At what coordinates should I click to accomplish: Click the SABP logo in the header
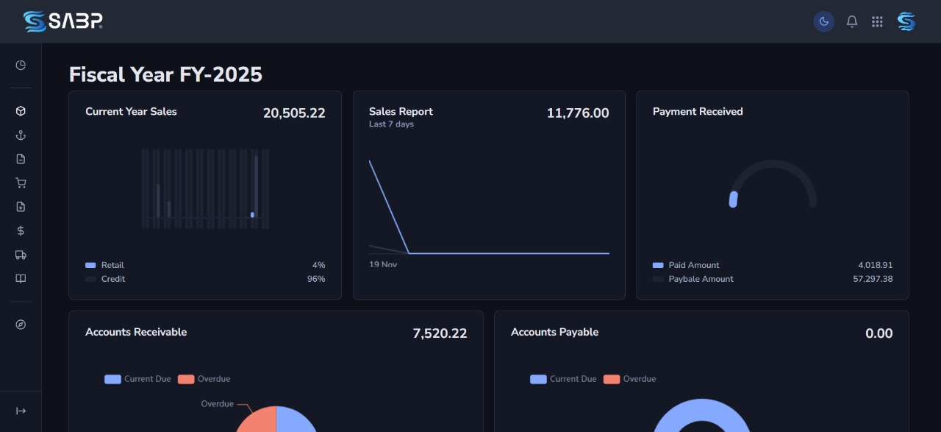point(62,21)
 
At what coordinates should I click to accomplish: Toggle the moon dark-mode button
point(824,21)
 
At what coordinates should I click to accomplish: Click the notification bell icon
point(852,21)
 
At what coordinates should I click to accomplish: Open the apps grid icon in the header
point(877,21)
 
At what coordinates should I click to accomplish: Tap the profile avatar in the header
point(906,21)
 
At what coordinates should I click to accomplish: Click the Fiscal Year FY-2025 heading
point(165,74)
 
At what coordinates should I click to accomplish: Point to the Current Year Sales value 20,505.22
point(294,113)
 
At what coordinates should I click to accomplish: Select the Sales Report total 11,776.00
point(578,113)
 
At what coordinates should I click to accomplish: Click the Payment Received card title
point(698,112)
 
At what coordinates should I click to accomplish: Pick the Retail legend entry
point(112,265)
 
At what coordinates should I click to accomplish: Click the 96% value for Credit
point(316,279)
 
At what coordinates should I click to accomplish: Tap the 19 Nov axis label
point(383,264)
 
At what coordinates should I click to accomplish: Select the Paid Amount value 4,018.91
point(875,265)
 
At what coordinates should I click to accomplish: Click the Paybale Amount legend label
point(701,279)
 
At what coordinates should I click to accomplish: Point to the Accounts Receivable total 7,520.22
point(440,333)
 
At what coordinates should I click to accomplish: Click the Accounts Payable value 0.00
point(879,333)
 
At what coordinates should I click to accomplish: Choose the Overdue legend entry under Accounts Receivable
point(213,379)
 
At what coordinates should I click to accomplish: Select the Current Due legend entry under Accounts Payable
point(573,379)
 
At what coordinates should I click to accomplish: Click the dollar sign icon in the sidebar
point(21,231)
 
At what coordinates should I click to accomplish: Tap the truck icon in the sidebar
point(21,255)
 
